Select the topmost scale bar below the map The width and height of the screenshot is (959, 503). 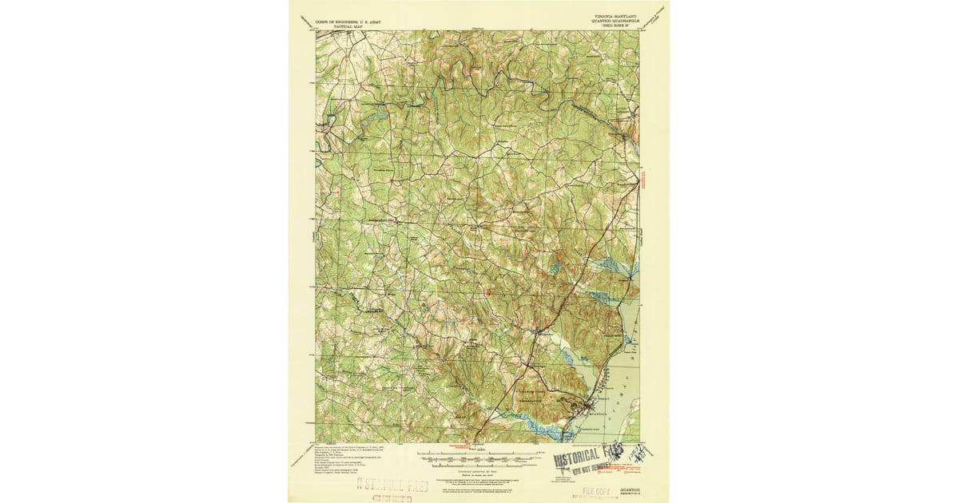pyautogui.click(x=478, y=458)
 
